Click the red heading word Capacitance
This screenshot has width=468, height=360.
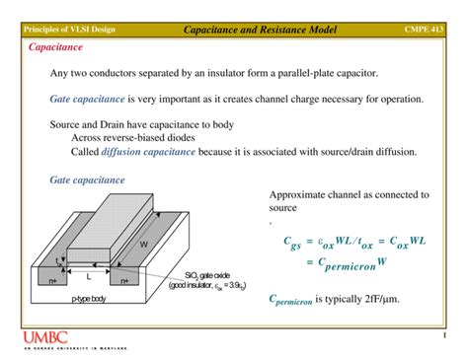(55, 46)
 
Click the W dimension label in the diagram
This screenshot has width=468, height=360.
(143, 243)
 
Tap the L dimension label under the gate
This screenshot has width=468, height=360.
(88, 277)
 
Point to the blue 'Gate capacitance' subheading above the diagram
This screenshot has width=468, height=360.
(87, 180)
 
